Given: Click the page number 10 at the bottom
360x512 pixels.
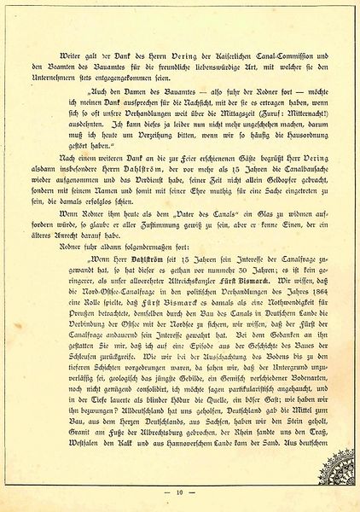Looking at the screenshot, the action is click(x=179, y=493).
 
